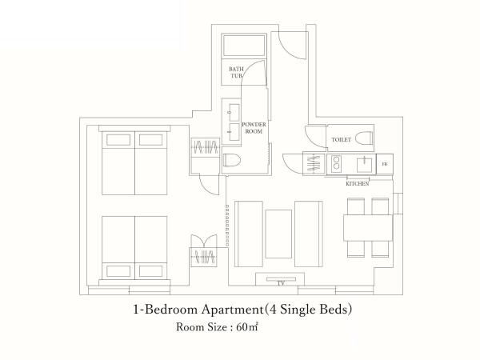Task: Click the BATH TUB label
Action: tap(236, 73)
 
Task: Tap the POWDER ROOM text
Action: tap(254, 129)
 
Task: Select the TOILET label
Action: tap(341, 139)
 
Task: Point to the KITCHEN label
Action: tap(357, 183)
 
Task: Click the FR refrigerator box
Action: tap(385, 165)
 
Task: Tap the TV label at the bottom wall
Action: tap(281, 283)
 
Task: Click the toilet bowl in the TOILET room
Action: tap(361, 137)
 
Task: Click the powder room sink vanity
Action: tap(234, 121)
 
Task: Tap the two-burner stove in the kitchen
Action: tap(334, 164)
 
